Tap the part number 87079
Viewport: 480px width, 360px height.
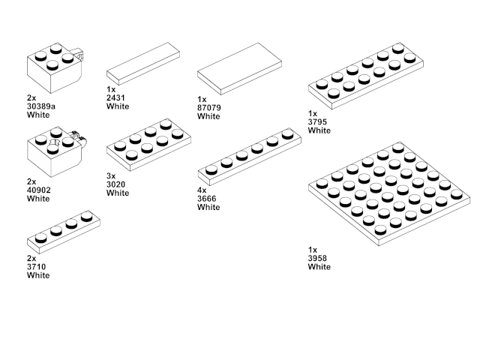(x=211, y=107)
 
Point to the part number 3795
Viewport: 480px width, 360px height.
(x=319, y=121)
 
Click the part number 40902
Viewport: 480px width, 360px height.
(x=39, y=190)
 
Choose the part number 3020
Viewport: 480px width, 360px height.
(x=118, y=184)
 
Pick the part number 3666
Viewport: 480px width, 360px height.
(x=208, y=199)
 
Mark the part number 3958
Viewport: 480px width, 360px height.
(x=318, y=258)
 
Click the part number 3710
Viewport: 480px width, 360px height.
(x=37, y=266)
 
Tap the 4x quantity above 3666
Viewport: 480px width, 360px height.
(x=201, y=190)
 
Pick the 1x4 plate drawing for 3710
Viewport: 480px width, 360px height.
(x=64, y=231)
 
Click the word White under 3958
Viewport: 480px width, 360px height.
(x=319, y=266)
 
